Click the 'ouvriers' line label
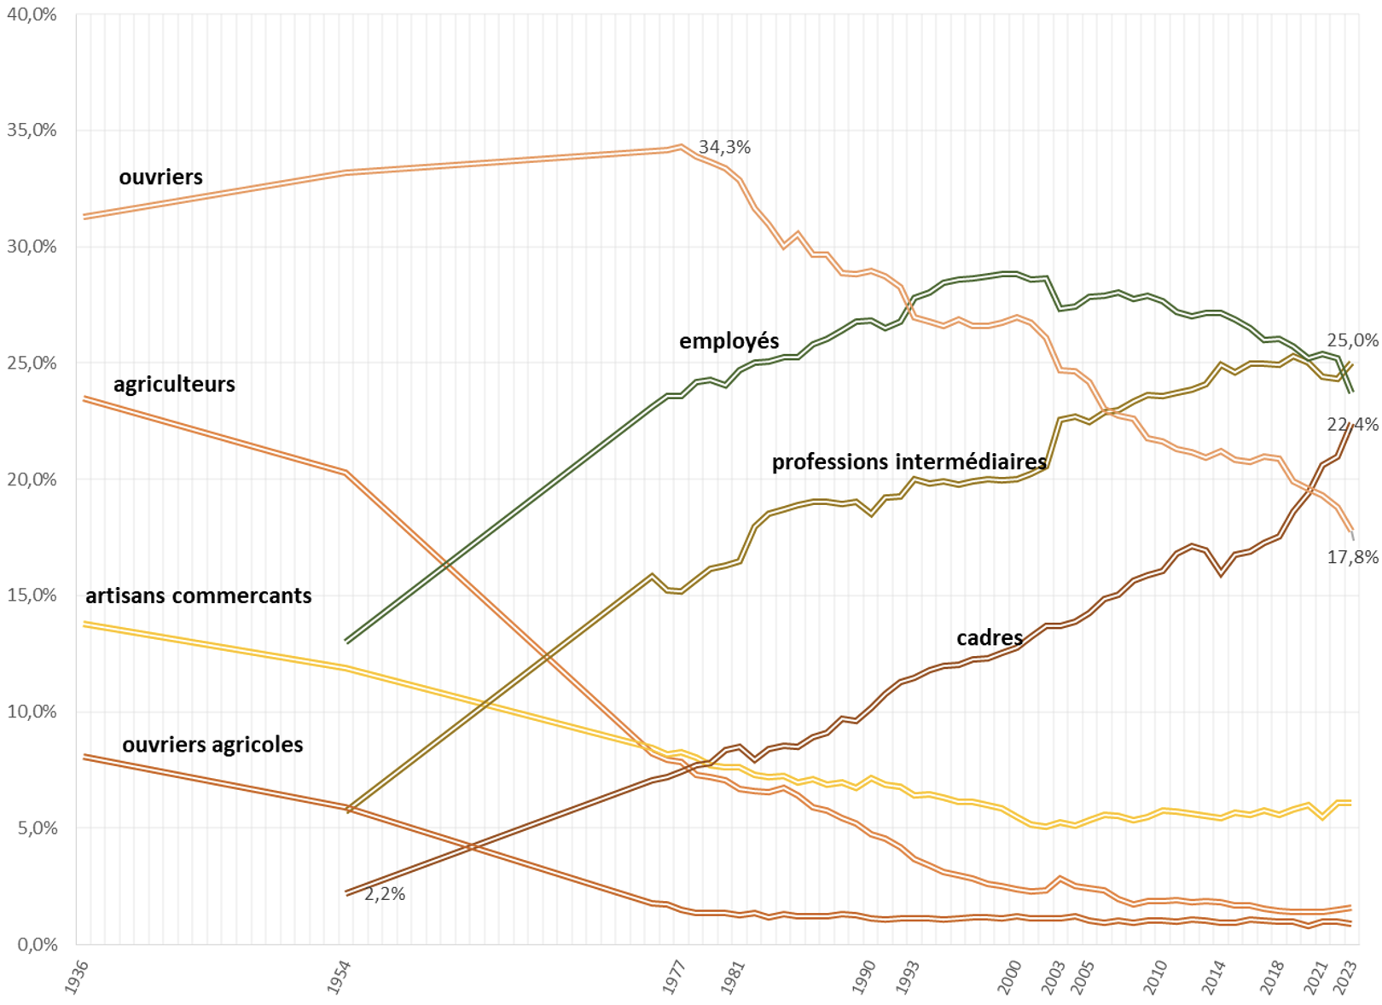coord(160,177)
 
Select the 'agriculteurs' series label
coord(174,385)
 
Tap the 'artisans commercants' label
coord(198,596)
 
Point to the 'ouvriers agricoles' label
coord(212,745)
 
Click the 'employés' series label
coord(729,341)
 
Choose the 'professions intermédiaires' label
coord(909,462)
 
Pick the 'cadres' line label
coord(989,638)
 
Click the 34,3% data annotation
coord(724,148)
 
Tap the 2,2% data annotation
coord(385,894)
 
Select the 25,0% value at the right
coord(1352,340)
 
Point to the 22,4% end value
coord(1352,424)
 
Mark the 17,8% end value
coord(1352,557)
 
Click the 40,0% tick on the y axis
coord(32,15)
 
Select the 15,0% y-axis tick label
coord(32,595)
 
